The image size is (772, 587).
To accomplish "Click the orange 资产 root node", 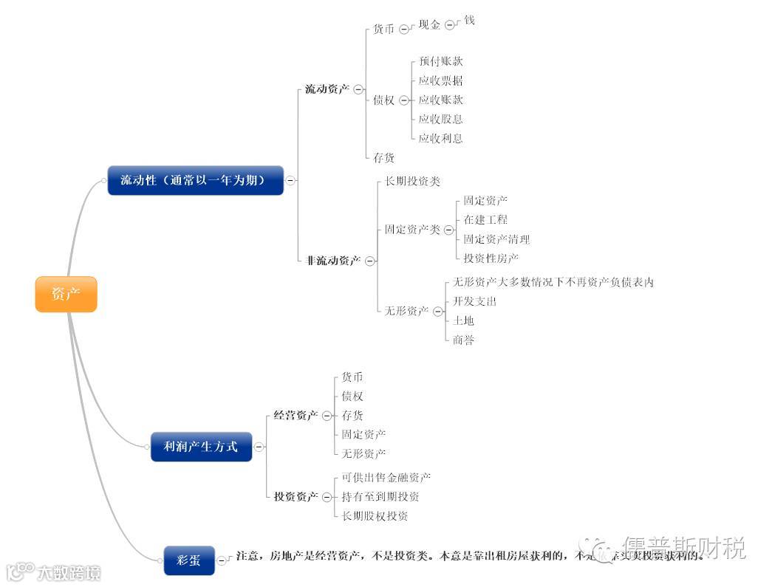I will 66,294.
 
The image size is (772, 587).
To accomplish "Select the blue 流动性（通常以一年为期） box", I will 195,180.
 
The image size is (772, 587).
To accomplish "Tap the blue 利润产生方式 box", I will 201,447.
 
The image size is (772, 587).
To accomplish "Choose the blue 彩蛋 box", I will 188,560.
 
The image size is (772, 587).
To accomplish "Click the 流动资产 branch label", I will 327,89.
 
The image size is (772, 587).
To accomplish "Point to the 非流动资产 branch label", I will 333,261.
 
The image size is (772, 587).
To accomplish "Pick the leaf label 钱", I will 469,21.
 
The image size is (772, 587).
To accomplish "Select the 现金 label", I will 429,25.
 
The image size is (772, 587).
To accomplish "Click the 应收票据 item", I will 441,81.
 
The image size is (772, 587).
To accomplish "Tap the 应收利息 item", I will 441,139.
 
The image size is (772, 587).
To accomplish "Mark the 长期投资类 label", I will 412,182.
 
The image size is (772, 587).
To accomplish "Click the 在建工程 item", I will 485,220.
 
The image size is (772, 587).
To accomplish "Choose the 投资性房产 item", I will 491,258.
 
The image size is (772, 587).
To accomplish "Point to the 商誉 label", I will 463,340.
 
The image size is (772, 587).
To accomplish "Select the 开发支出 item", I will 474,302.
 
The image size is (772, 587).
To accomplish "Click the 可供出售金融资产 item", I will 386,478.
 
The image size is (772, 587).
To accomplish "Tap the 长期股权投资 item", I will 375,517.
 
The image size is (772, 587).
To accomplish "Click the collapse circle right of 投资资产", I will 327,498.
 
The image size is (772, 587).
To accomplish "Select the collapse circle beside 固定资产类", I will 448,230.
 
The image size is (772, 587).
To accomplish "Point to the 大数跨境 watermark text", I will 69,573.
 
